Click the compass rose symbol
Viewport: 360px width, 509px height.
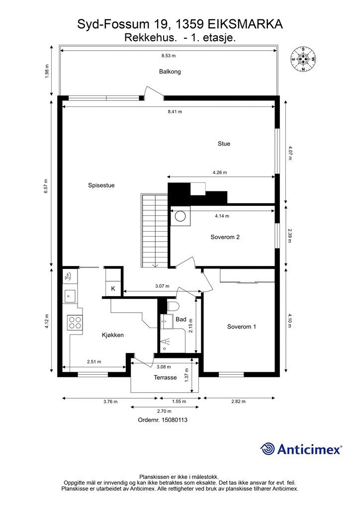coord(303,59)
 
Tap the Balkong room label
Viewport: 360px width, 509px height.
coord(170,72)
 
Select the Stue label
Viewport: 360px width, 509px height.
coord(224,144)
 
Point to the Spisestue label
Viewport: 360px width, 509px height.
coord(101,185)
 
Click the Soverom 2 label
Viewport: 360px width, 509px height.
coord(225,237)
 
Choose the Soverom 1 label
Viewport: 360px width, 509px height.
coord(241,327)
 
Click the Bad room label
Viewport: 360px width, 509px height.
coord(181,319)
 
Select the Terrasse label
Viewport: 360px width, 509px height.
coord(165,377)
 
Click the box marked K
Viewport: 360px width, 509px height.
coord(113,289)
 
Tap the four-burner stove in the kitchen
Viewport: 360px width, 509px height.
coord(75,323)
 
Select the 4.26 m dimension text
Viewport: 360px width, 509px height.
coord(219,172)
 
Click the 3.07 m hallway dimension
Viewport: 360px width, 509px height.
coord(162,286)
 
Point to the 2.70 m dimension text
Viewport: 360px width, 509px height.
coord(164,411)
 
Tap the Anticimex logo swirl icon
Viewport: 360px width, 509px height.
coord(269,449)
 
